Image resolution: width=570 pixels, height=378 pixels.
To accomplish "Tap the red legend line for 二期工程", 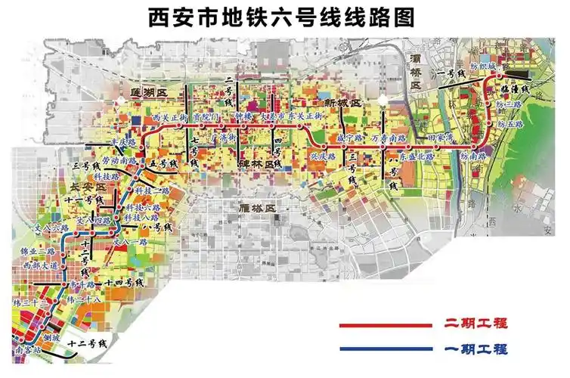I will tap(386, 326).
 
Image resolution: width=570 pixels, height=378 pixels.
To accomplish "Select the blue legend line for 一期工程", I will tap(386, 349).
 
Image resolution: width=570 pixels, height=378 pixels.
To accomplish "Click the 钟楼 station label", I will tap(242, 117).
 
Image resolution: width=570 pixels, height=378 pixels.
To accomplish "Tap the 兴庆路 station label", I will tap(322, 156).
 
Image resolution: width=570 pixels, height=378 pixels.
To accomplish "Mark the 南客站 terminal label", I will tap(26, 352).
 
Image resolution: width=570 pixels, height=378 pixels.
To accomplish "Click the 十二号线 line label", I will tap(88, 344).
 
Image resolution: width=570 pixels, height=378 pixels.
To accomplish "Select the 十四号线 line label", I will tap(125, 282).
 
